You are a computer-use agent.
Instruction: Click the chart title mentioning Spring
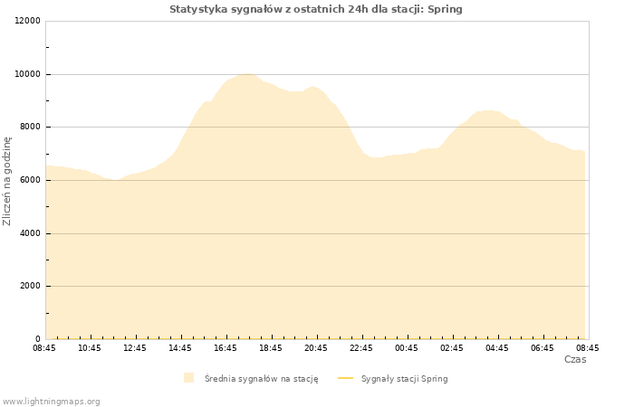click(x=315, y=9)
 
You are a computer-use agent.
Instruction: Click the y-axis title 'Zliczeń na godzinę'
click(x=7, y=181)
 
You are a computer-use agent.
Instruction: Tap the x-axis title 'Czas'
click(x=575, y=359)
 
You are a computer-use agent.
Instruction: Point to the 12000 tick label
click(x=27, y=21)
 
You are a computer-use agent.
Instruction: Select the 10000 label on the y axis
click(x=27, y=74)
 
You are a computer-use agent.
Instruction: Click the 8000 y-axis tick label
click(x=30, y=128)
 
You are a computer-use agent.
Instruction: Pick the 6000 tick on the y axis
click(x=30, y=180)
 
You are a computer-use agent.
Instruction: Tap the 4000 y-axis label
click(x=30, y=233)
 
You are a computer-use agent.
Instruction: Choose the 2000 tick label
click(x=30, y=286)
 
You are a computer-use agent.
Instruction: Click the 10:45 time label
click(x=90, y=348)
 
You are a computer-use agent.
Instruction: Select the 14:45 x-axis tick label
click(x=180, y=348)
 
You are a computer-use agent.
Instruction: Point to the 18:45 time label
click(x=271, y=348)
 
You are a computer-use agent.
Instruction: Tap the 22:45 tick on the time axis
click(x=361, y=348)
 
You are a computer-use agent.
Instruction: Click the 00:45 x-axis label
click(x=407, y=348)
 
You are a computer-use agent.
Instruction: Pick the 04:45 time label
click(x=497, y=348)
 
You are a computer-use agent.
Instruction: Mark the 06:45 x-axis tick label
click(x=543, y=348)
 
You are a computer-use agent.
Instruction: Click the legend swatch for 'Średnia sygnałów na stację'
click(x=188, y=378)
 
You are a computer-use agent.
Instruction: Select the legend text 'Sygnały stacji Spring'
click(x=404, y=379)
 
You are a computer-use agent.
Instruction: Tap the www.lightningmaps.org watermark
click(x=51, y=402)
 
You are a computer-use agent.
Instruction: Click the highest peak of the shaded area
click(x=247, y=74)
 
